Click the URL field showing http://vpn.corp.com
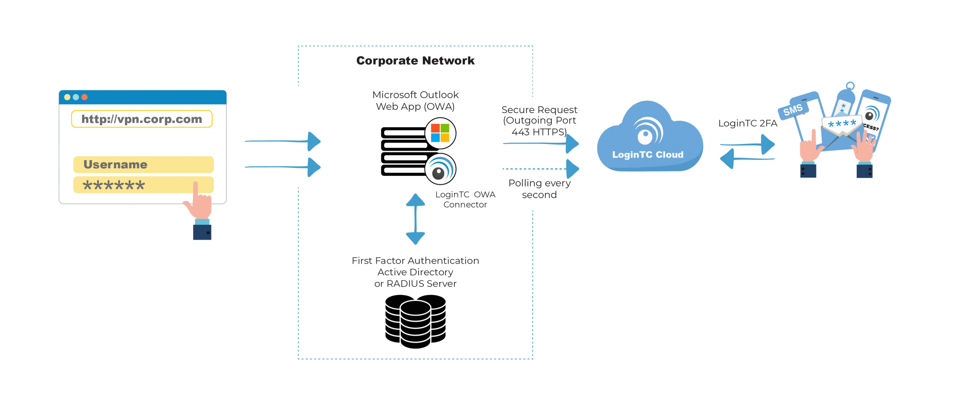[141, 119]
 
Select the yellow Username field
[143, 165]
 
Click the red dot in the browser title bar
[84, 97]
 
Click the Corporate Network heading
[415, 61]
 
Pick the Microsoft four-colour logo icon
[440, 133]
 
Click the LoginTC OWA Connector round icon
[440, 169]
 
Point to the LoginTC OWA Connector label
[465, 200]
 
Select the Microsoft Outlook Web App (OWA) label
[415, 100]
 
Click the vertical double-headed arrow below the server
[415, 219]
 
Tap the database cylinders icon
[415, 321]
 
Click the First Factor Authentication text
[415, 261]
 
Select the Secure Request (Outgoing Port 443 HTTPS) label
[539, 121]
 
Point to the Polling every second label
[539, 189]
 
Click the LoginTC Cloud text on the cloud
[647, 155]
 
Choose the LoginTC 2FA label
[747, 123]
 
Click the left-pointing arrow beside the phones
[747, 159]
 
